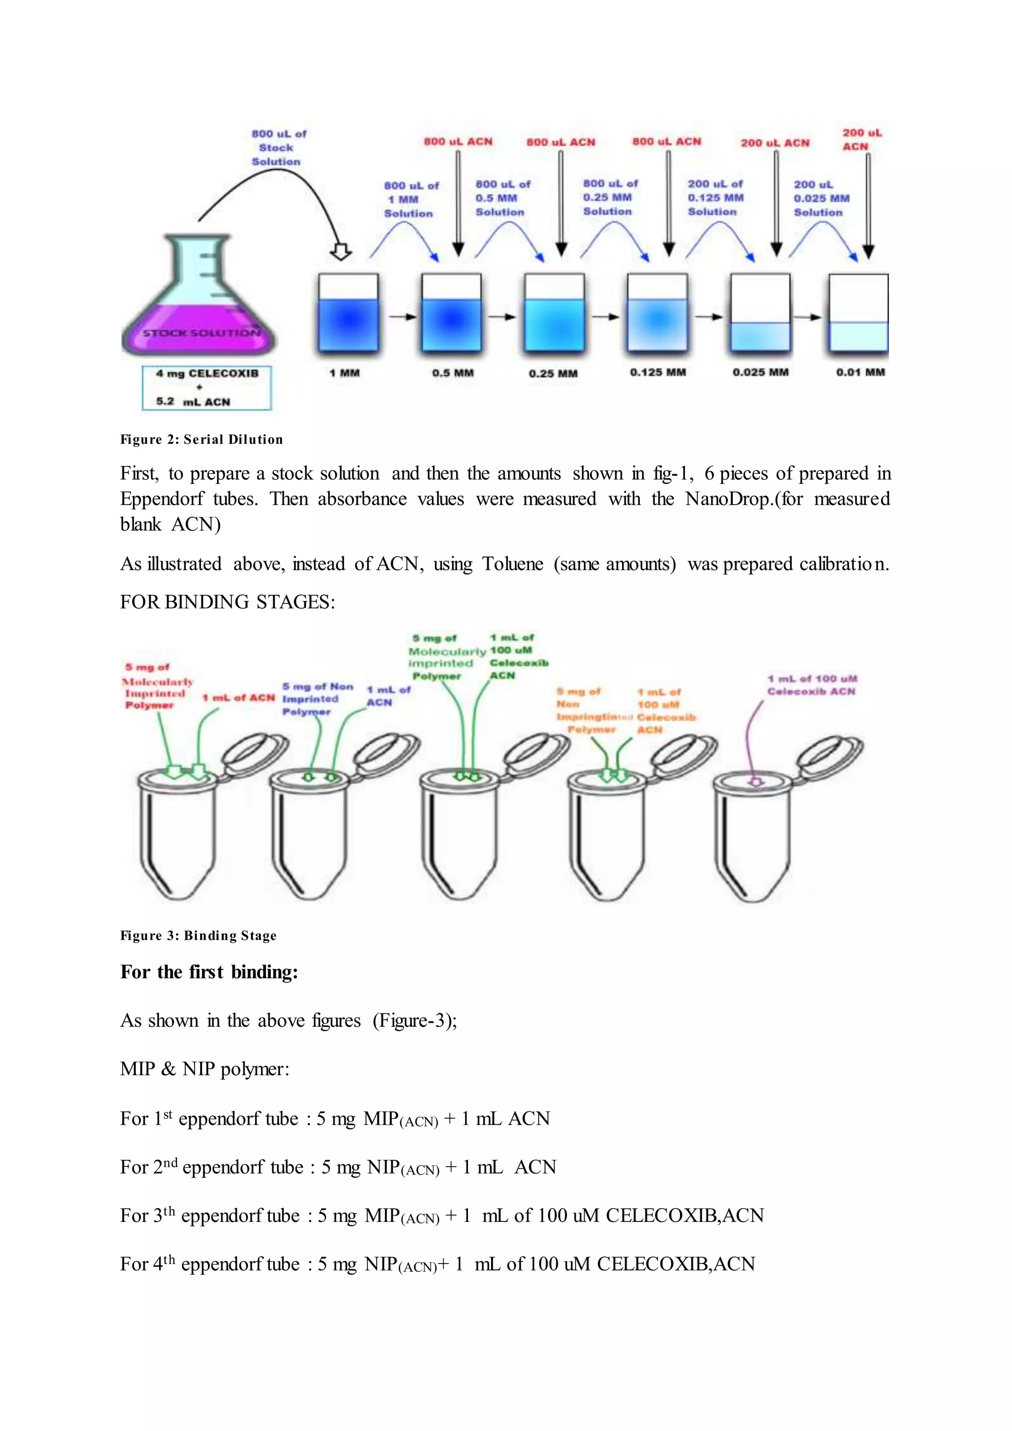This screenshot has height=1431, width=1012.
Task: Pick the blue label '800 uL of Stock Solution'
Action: point(277,148)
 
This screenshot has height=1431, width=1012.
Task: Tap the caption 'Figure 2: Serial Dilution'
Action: point(201,439)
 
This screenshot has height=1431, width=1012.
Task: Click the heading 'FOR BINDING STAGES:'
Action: point(227,602)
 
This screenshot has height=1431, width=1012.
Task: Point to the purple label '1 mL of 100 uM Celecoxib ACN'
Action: point(812,685)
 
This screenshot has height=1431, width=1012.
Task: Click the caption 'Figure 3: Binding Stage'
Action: point(198,935)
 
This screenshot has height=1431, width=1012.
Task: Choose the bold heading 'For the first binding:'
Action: point(210,972)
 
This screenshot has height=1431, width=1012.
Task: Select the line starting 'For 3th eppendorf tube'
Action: point(442,1216)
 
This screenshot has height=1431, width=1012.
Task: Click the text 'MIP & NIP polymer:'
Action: point(205,1069)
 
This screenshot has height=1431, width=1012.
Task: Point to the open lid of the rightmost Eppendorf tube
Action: point(832,754)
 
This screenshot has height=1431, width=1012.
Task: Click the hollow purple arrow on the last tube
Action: point(756,781)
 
